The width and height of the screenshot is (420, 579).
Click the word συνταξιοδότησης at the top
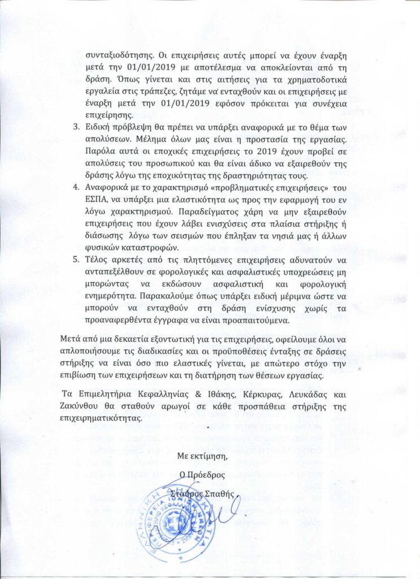tap(117, 56)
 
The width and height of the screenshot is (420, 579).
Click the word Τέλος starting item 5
tap(98, 260)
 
